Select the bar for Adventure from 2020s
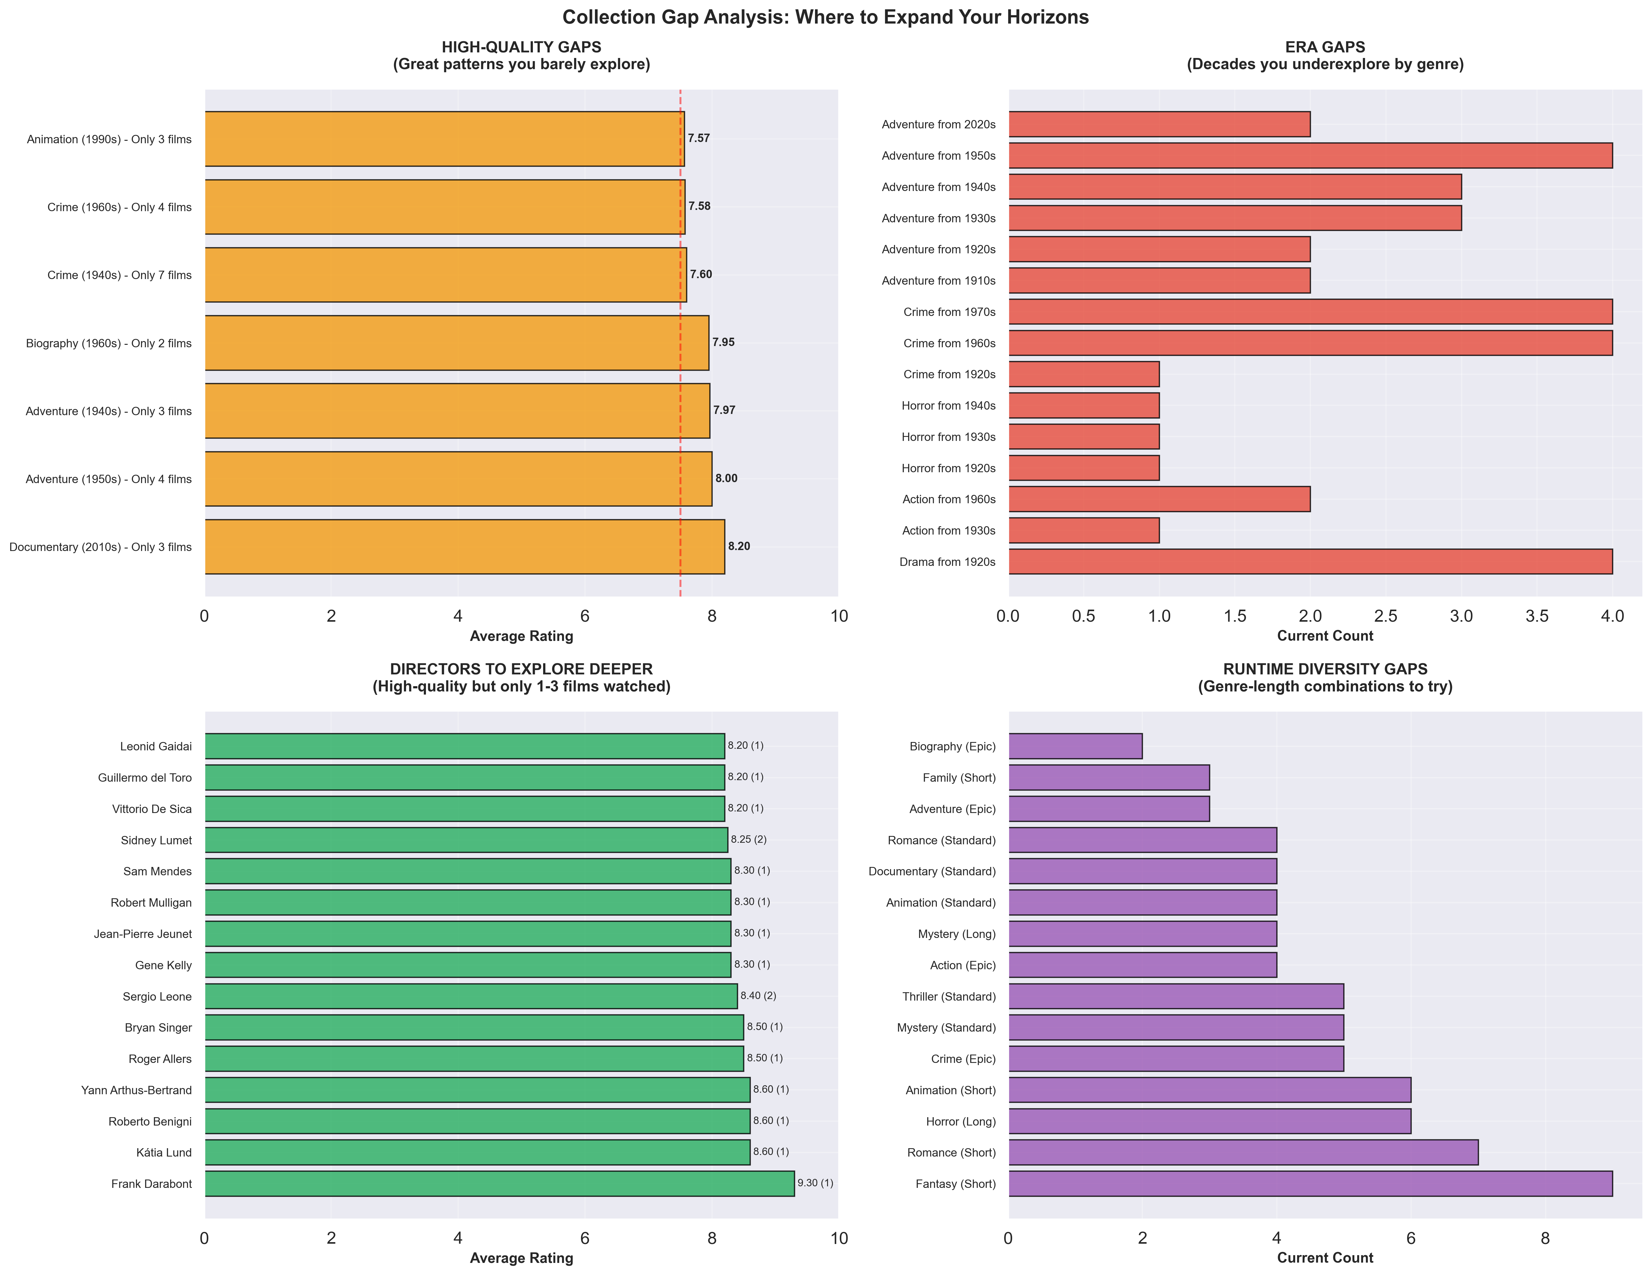tap(1159, 124)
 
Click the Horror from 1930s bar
tap(1083, 437)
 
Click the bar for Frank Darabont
tap(499, 1184)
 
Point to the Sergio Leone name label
tap(157, 997)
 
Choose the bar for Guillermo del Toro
tap(464, 777)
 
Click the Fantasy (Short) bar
tap(1310, 1184)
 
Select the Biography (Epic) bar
tap(1075, 746)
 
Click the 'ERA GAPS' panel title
tap(1324, 47)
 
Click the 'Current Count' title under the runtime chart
tap(1324, 1258)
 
